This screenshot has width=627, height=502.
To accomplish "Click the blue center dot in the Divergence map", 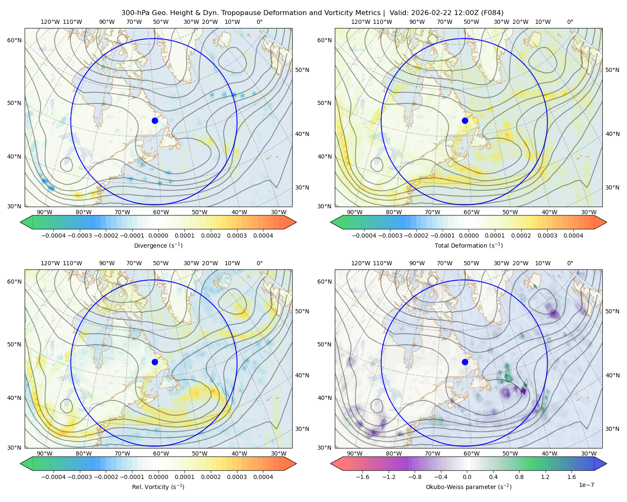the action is pos(155,121).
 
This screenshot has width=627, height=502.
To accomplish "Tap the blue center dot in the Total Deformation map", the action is pos(465,121).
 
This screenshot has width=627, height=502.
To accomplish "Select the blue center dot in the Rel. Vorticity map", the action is pos(155,362).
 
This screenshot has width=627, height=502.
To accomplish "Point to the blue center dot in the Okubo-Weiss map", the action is pos(465,362).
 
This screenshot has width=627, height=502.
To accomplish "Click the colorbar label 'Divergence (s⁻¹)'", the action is pos(158,246).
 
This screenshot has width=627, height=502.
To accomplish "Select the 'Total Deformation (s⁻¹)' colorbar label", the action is pos(469,246).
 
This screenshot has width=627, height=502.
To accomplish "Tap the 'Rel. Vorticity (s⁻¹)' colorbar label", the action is pos(158,487).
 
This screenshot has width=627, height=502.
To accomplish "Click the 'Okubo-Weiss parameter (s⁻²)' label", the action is pos(469,487).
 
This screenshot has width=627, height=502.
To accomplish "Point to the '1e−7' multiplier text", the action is pos(586,485).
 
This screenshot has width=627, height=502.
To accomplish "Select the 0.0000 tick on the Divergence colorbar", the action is pos(158,236).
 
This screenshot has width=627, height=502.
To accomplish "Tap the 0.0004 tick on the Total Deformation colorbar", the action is pos(573,236).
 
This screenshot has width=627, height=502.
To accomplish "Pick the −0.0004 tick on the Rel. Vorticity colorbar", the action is pos(54,477).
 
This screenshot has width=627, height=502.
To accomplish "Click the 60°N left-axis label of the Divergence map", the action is pos(14,40).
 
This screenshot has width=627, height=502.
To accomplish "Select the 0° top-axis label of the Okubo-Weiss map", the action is pos(570,263).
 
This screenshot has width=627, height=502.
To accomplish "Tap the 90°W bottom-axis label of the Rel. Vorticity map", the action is pos(45,453).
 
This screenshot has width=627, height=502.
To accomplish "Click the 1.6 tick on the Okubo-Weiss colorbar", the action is pos(571,477).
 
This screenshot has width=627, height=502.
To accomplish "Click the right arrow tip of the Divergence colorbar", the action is pos(296,222).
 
